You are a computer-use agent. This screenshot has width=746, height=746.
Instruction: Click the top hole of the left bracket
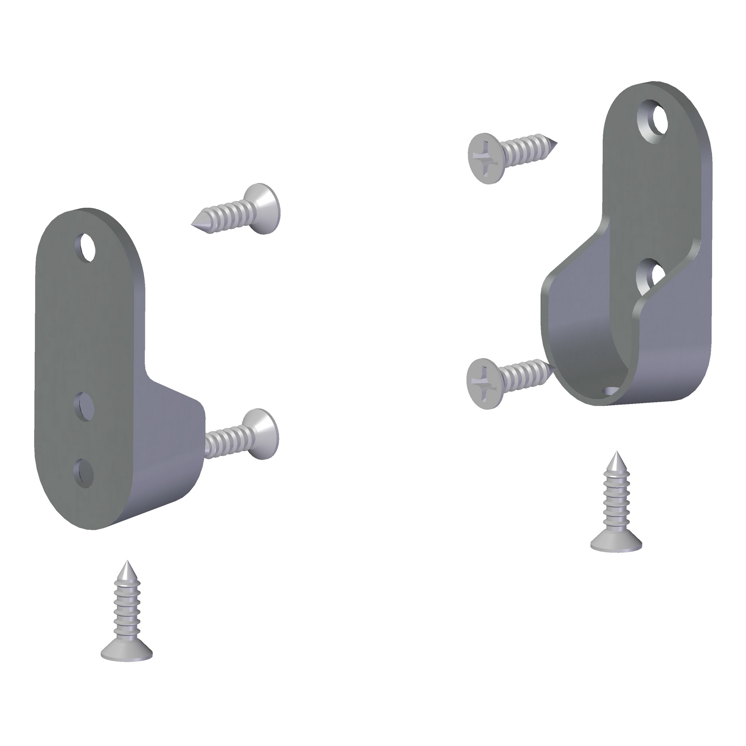tap(88, 247)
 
